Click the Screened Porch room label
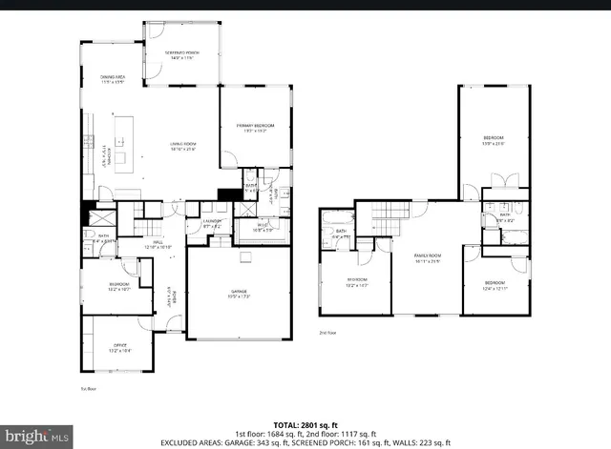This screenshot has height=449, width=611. point(181,55)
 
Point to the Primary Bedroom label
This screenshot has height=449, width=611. point(256,128)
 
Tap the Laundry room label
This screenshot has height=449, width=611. point(212,224)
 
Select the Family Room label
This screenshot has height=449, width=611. point(427,258)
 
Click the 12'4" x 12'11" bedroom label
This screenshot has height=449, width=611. point(495,285)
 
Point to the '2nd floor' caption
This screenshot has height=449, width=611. point(328,333)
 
